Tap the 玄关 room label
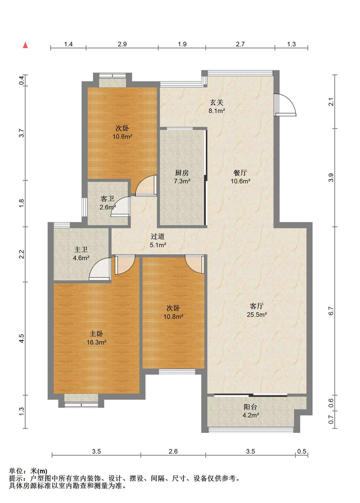217,102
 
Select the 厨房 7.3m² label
182,177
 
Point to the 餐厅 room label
240,173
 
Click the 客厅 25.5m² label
257,310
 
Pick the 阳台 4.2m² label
251,411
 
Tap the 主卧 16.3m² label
96,338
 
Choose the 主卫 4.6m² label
81,254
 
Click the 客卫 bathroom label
107,199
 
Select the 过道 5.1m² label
158,240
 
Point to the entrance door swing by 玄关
285,105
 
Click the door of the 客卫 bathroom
121,206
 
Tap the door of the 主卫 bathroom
100,269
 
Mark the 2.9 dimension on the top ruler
122,44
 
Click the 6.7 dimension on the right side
331,311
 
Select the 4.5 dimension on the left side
22,338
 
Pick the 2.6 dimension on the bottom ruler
173,451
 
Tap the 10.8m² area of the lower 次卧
173,316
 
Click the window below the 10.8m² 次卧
177,371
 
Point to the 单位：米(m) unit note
28,471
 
